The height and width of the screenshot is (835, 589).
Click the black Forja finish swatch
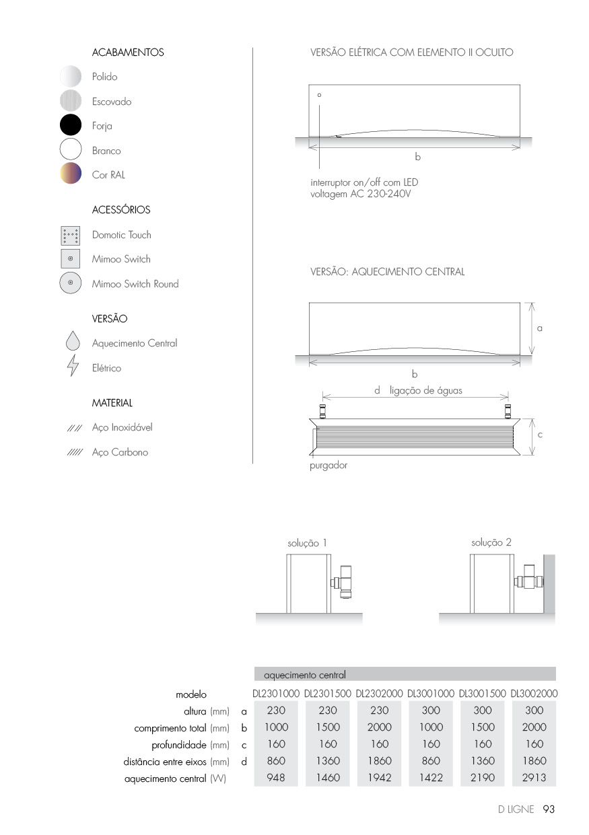[x=71, y=126]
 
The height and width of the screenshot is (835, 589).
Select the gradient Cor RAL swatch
[x=71, y=174]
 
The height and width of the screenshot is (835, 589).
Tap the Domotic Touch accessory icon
[x=71, y=235]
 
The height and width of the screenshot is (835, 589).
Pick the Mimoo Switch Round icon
[x=71, y=283]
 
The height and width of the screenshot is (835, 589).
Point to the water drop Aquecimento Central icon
[x=73, y=341]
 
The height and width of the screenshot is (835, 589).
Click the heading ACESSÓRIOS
[x=121, y=210]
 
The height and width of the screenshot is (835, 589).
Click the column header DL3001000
[x=431, y=694]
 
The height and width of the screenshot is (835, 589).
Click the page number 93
[x=548, y=809]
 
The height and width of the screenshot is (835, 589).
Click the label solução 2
[x=491, y=542]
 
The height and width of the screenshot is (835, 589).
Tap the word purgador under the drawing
[x=328, y=465]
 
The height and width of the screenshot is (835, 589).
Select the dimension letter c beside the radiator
[x=540, y=435]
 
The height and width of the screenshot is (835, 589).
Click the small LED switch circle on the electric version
[x=319, y=96]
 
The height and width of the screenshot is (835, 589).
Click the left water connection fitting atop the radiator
[x=322, y=409]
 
